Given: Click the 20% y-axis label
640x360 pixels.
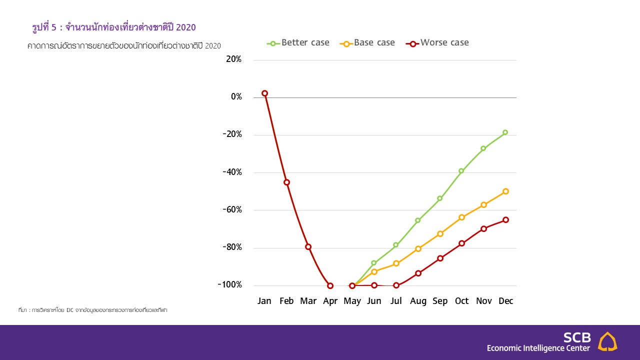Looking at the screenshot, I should [x=233, y=59].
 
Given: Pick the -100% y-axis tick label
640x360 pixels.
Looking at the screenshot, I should [x=229, y=285].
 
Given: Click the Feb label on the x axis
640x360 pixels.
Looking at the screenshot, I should [x=286, y=301].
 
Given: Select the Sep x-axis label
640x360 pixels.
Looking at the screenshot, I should [x=440, y=301].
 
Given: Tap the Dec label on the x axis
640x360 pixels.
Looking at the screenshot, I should [x=505, y=301].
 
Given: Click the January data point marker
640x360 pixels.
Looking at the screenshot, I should [x=264, y=93].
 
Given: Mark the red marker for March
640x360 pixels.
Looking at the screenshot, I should [x=308, y=247].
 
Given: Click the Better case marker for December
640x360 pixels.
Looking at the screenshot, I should [x=505, y=132].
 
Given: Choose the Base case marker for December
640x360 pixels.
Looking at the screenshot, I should [x=505, y=191].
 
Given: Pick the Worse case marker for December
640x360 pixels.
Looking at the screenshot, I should [x=505, y=220].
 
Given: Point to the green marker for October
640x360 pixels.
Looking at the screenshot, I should [x=461, y=171].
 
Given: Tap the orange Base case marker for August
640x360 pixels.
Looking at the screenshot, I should [x=418, y=248].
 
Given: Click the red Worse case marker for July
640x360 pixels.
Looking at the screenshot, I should [x=396, y=285].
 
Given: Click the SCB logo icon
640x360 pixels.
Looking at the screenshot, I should [x=607, y=341].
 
